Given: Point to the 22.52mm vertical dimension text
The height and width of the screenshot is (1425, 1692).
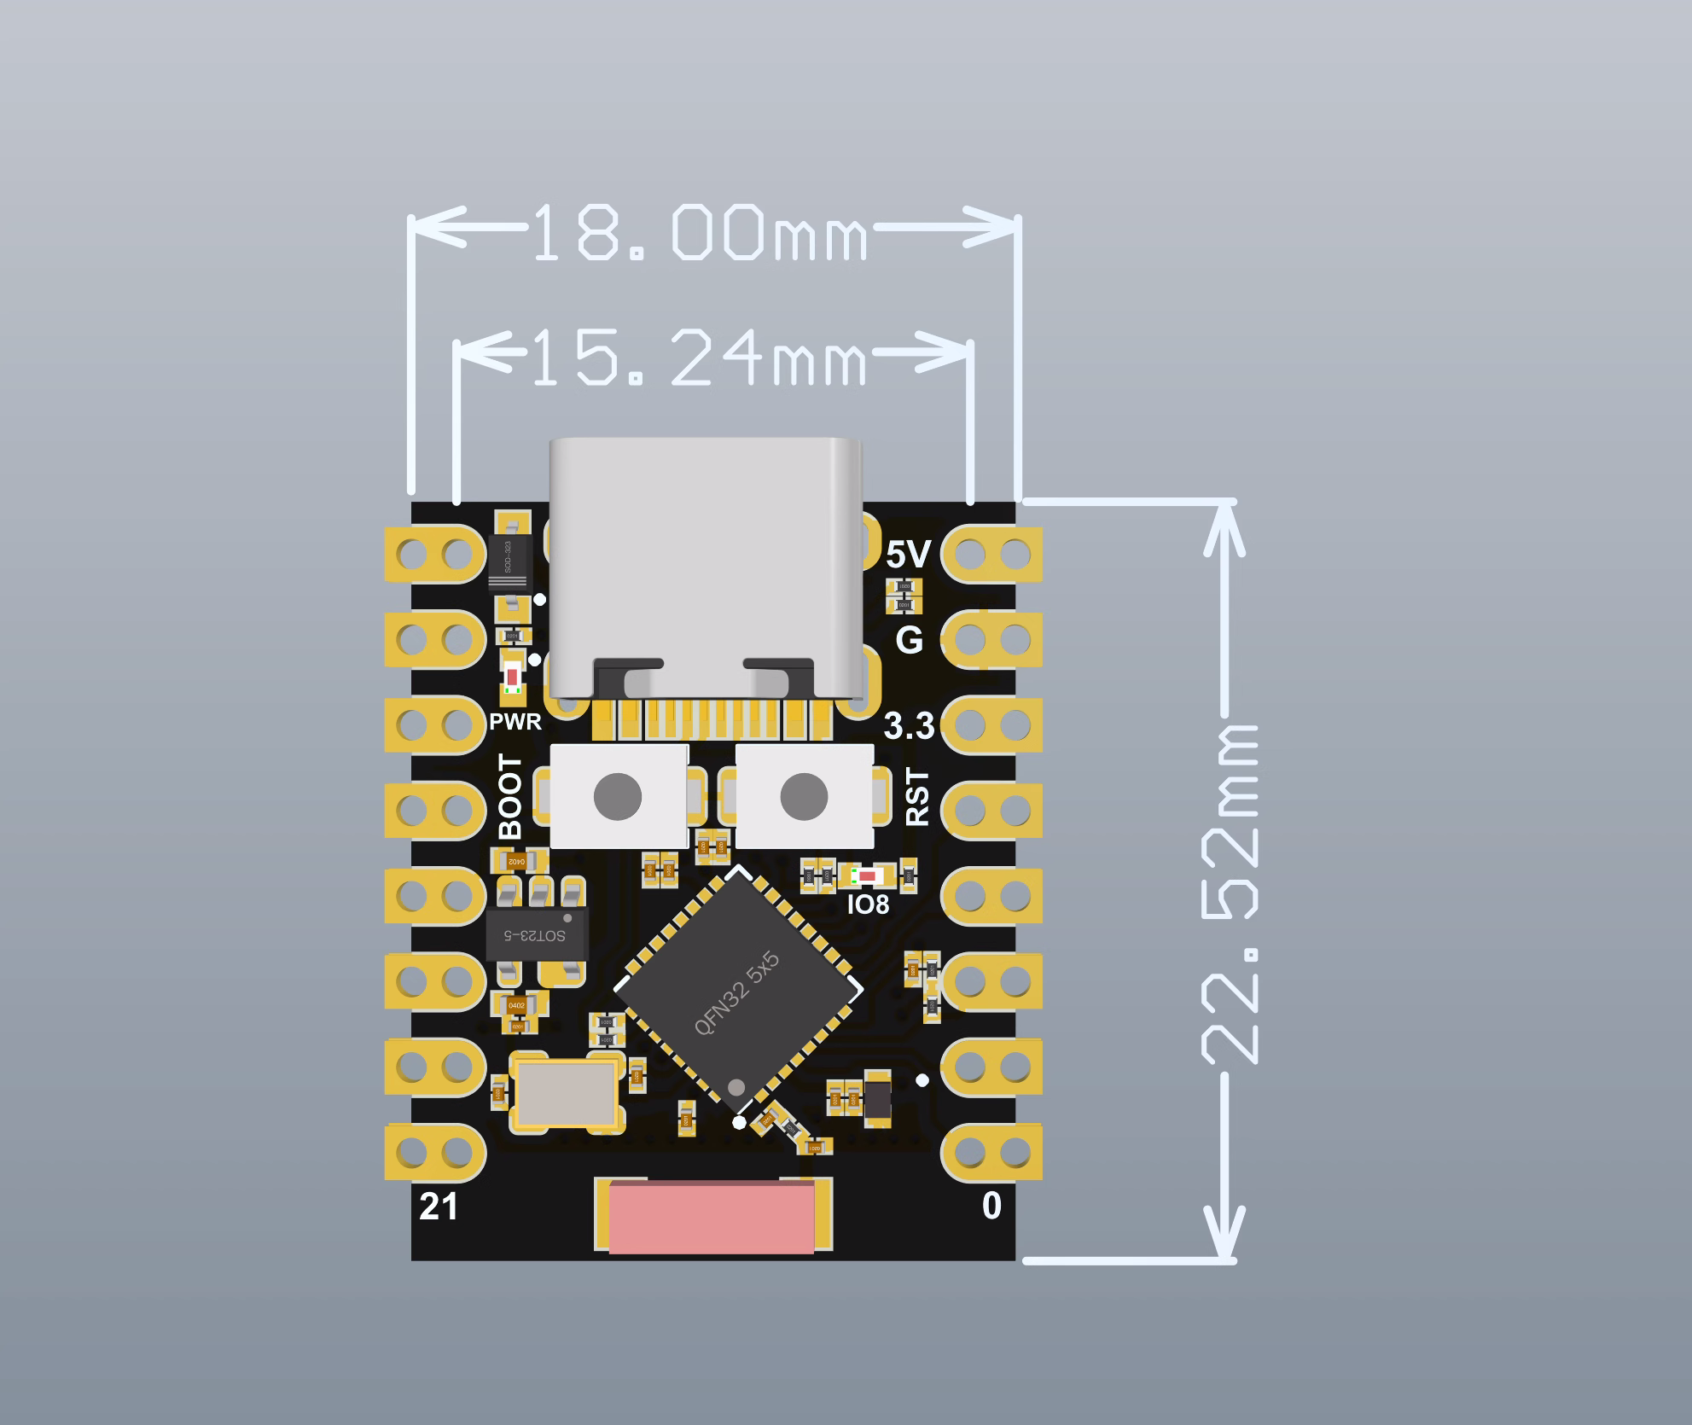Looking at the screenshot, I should click(x=1230, y=894).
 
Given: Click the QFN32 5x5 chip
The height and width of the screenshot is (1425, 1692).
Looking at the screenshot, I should click(x=738, y=990).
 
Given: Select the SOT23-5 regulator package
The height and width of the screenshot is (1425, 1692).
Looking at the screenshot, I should click(x=536, y=934).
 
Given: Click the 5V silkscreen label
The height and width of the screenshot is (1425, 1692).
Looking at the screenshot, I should click(x=908, y=555).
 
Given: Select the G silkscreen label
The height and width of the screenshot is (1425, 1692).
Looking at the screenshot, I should click(x=910, y=640).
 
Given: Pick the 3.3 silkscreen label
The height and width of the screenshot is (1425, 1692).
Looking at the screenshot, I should click(x=909, y=726).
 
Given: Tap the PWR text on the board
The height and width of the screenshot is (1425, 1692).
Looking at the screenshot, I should click(x=515, y=722).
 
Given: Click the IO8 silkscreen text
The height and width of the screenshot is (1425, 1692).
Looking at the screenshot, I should click(x=868, y=904).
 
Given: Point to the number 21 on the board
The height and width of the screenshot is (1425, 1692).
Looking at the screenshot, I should click(x=439, y=1207).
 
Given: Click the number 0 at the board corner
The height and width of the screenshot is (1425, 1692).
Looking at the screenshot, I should click(x=991, y=1206).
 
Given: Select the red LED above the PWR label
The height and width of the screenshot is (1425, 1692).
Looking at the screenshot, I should click(x=512, y=677).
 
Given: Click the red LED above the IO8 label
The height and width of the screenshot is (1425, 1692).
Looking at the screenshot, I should click(x=868, y=876).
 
